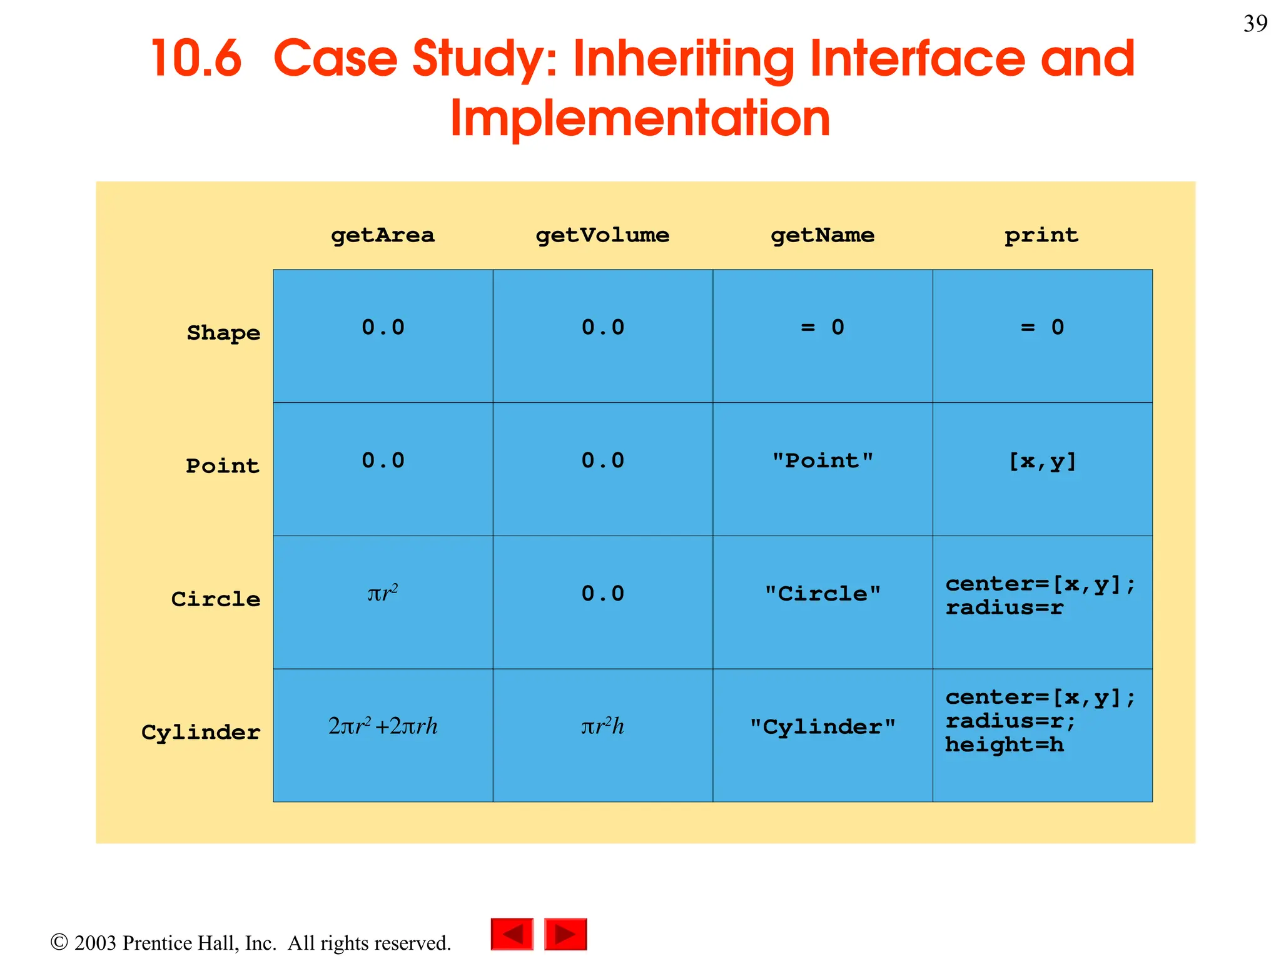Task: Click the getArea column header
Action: (382, 235)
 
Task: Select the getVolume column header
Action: (602, 235)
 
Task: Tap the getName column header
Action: (822, 235)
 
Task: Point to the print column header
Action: (1041, 235)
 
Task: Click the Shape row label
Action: (223, 333)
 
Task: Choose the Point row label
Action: (223, 466)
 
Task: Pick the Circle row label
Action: (216, 599)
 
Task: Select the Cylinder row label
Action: (201, 733)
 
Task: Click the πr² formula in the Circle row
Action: (382, 592)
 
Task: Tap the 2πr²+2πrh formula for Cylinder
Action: (383, 726)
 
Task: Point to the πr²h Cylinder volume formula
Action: (602, 726)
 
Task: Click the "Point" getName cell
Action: (822, 461)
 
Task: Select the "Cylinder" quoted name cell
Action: (822, 727)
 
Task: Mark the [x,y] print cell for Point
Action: (1042, 462)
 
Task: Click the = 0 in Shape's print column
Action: (1042, 327)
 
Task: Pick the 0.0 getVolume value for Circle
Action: (602, 594)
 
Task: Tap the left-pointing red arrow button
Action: (512, 934)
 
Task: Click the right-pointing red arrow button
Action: (565, 934)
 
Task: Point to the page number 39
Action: (1255, 24)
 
